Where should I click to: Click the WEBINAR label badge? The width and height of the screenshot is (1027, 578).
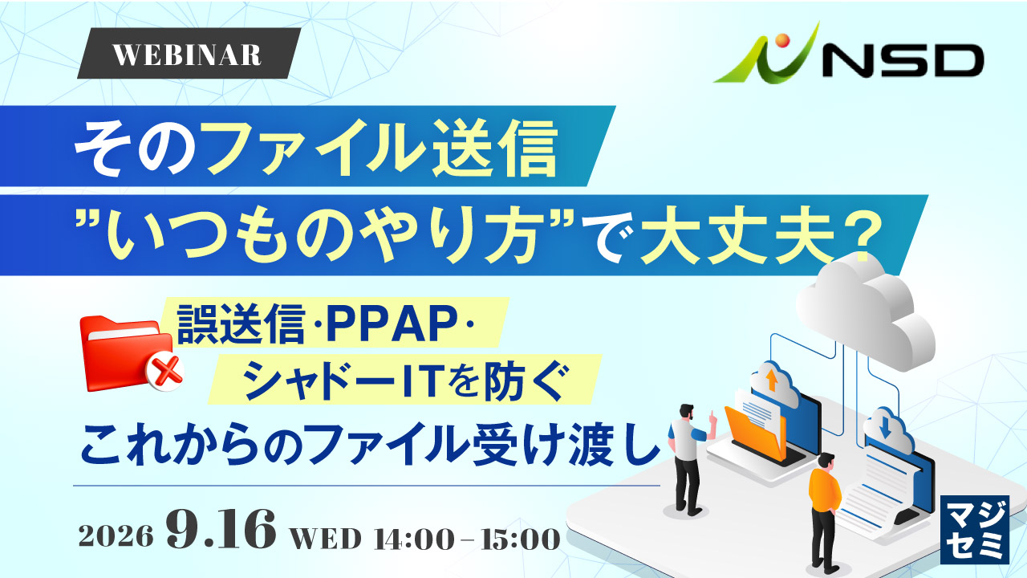pyautogui.click(x=189, y=53)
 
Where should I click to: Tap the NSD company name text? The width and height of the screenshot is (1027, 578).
pyautogui.click(x=901, y=60)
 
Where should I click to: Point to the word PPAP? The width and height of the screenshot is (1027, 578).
pyautogui.click(x=390, y=325)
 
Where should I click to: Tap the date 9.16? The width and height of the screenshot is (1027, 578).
pyautogui.click(x=221, y=529)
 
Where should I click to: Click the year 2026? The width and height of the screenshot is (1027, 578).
pyautogui.click(x=116, y=535)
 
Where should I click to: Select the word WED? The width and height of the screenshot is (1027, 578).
pyautogui.click(x=327, y=538)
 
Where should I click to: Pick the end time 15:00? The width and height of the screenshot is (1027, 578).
pyautogui.click(x=521, y=539)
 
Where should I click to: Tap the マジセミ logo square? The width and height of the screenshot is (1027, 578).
pyautogui.click(x=974, y=529)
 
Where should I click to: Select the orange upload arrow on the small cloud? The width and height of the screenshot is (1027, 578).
pyautogui.click(x=771, y=380)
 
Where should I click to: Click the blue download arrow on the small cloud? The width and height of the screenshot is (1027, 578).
pyautogui.click(x=884, y=428)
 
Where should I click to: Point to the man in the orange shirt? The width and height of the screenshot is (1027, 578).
pyautogui.click(x=826, y=514)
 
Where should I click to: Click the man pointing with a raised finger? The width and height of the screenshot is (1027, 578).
pyautogui.click(x=688, y=458)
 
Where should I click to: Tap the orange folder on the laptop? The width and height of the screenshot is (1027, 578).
pyautogui.click(x=752, y=432)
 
